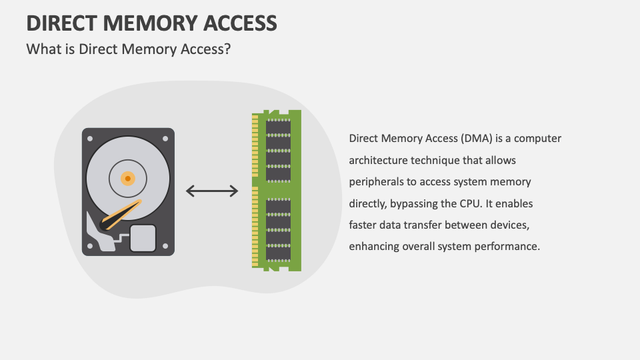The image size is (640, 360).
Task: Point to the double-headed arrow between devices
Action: pyautogui.click(x=212, y=191)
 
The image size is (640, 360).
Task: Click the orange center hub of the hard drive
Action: pyautogui.click(x=127, y=178)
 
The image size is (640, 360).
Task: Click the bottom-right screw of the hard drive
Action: pyautogui.click(x=165, y=246)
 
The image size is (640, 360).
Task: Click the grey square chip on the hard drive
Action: pyautogui.click(x=143, y=238)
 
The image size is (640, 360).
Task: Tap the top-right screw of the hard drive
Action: pyautogui.click(x=165, y=138)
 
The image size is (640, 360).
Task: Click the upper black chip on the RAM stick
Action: pyautogui.click(x=278, y=150)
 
